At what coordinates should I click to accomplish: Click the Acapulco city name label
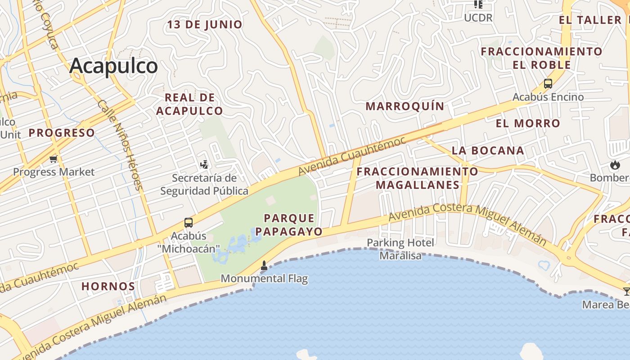point(113,66)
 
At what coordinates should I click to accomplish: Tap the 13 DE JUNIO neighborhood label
point(205,24)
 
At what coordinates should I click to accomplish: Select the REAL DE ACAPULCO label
point(189,104)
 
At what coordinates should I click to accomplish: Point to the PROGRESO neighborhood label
point(62,133)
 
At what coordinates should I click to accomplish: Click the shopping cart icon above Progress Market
point(54,159)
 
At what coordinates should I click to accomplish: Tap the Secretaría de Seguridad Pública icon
point(204,164)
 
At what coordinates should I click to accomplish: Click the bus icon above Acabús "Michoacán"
point(189,222)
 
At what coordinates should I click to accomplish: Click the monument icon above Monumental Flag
point(264,266)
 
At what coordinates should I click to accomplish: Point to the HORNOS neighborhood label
point(108,286)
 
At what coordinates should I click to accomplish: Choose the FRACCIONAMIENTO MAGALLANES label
point(417,178)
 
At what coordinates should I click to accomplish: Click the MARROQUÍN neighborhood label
point(405,107)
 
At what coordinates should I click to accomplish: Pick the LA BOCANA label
point(488,151)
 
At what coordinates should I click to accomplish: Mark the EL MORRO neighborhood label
point(528,123)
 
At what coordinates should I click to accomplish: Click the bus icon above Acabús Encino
point(548,84)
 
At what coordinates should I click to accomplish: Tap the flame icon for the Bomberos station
point(615,165)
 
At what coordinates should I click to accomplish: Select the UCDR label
point(478,18)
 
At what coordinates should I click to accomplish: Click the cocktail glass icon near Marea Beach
point(626,292)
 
